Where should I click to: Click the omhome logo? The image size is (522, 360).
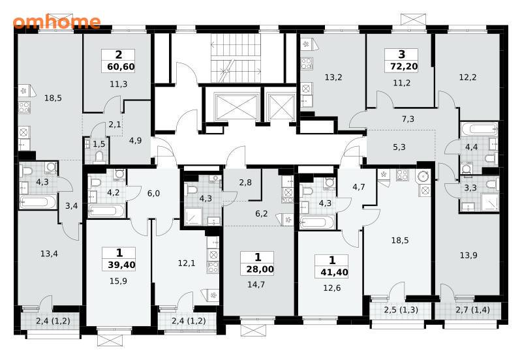[57, 22]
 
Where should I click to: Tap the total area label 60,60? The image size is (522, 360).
[121, 67]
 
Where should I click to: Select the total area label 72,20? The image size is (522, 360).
[404, 67]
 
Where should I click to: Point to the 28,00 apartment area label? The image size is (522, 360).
[260, 269]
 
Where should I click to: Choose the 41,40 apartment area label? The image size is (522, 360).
[334, 273]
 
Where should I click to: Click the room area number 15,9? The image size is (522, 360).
[118, 281]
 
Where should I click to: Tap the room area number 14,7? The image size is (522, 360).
[256, 284]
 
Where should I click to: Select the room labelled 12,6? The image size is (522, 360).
[332, 288]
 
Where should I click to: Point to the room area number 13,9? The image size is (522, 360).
[468, 255]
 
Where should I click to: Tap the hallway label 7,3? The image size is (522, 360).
[408, 119]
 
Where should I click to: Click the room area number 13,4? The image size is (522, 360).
[49, 254]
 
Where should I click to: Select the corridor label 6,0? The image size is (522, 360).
[153, 193]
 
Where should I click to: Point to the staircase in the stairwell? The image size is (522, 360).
[236, 57]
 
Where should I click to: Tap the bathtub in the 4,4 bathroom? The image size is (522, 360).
[480, 128]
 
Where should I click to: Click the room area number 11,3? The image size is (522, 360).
[119, 84]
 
